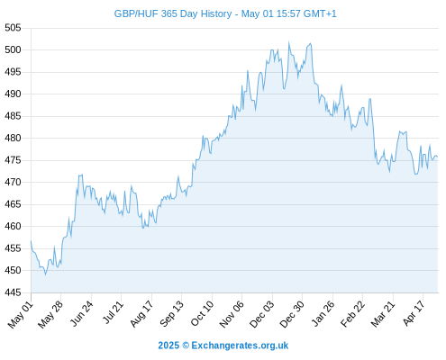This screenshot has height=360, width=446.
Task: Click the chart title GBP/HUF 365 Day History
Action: [173, 13]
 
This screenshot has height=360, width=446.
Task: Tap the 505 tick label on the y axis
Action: [13, 28]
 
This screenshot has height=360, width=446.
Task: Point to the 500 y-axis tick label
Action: [13, 49]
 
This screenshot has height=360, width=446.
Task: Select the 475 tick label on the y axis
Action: [13, 160]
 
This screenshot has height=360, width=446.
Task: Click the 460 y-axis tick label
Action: [13, 226]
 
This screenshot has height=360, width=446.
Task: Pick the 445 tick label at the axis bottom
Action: [13, 292]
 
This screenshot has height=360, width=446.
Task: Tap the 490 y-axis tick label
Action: [13, 94]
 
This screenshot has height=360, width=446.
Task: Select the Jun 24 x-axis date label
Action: [81, 313]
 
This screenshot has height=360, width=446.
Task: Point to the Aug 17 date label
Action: [141, 314]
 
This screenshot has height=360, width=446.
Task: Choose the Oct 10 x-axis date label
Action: [202, 313]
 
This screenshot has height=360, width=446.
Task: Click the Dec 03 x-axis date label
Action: [262, 314]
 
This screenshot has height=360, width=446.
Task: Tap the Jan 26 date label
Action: [323, 313]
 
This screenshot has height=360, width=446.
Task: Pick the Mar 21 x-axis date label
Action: [383, 314]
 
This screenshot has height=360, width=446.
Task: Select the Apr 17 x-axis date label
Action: [414, 313]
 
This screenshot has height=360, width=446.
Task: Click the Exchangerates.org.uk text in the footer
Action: [240, 346]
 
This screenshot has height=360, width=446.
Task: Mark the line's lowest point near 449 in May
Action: [45, 274]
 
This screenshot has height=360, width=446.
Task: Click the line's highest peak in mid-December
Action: [289, 42]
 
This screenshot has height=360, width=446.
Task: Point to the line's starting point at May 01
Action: [31, 241]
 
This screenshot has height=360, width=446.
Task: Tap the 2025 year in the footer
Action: [168, 346]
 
